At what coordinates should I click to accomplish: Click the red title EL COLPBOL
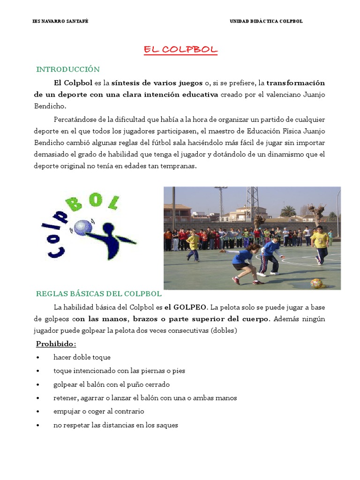(x=180, y=50)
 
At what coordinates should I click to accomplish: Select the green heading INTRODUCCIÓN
(x=68, y=69)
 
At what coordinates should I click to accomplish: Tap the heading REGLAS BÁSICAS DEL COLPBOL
(x=99, y=294)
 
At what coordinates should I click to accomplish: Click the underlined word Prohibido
(x=56, y=344)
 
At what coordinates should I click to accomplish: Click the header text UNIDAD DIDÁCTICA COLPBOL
(x=266, y=22)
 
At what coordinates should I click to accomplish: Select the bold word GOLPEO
(x=190, y=307)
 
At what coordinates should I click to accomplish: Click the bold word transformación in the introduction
(x=296, y=83)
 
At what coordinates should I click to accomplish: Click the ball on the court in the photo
(x=316, y=283)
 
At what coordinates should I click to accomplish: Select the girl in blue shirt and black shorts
(x=241, y=262)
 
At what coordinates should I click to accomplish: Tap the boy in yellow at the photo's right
(x=320, y=244)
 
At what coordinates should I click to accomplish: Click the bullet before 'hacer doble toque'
(x=37, y=358)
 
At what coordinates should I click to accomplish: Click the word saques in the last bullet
(x=168, y=425)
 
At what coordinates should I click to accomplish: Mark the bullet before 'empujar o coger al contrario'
(x=37, y=412)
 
